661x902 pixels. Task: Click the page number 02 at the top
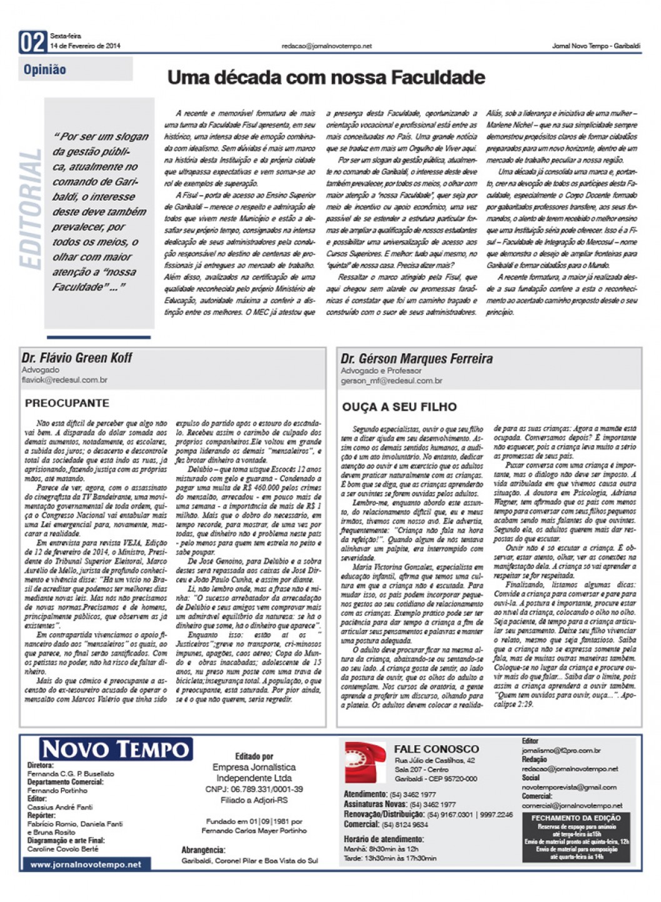tap(32, 42)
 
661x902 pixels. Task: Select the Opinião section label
tap(45, 69)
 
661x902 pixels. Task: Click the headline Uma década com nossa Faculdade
tap(326, 78)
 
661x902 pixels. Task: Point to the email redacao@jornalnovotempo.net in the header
tap(326, 46)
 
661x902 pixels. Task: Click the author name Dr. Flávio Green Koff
tap(77, 358)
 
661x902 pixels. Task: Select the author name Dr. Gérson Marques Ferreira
tap(416, 359)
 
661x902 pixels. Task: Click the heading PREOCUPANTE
tap(67, 403)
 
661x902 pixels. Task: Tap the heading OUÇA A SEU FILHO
tap(399, 407)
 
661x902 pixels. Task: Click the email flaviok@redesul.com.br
tap(64, 379)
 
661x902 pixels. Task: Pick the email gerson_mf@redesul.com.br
tap(391, 381)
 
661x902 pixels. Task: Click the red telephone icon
tap(365, 762)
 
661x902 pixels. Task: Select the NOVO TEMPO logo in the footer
tap(116, 749)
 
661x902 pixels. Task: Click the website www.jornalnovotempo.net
tap(86, 864)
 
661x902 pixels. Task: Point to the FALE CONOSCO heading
tap(436, 749)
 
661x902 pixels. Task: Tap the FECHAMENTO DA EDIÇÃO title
tap(575, 818)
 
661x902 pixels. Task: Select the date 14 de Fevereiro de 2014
tap(86, 46)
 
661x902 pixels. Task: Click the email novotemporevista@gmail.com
tap(569, 787)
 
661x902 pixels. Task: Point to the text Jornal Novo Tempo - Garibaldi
tap(596, 46)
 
